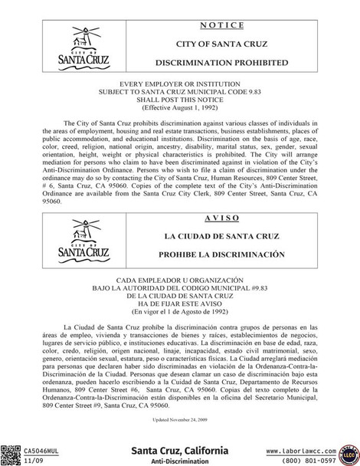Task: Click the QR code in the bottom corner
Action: pyautogui.click(x=11, y=455)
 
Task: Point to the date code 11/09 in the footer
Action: pyautogui.click(x=33, y=461)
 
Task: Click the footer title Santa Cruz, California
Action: pyautogui.click(x=179, y=450)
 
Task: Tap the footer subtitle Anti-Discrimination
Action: pyautogui.click(x=179, y=461)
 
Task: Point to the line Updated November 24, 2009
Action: pyautogui.click(x=180, y=421)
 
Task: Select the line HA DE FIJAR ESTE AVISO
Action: pyautogui.click(x=180, y=304)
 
